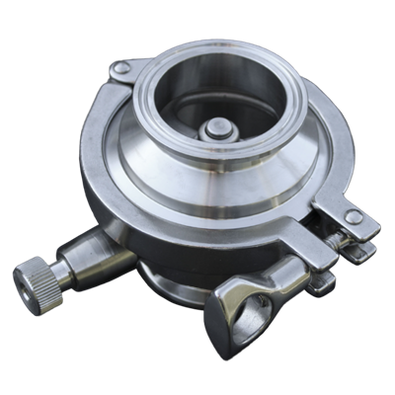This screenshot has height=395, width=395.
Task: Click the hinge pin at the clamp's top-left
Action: pos(120,68)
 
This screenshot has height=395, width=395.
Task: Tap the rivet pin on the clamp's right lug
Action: pos(353,217)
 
